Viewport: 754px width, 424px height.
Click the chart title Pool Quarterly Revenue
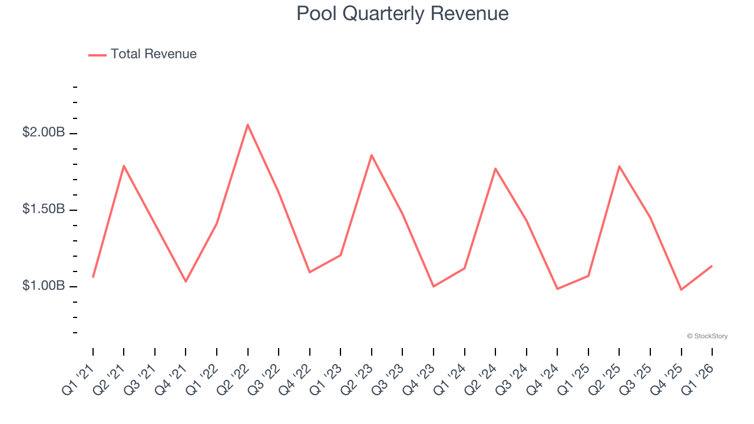coord(402,13)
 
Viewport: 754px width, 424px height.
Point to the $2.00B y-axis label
coord(44,132)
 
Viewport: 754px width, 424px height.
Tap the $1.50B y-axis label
coord(44,209)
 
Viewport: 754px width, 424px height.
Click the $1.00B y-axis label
coord(44,286)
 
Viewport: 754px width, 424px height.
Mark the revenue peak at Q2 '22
coord(248,124)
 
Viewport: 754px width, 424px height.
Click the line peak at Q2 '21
coord(124,165)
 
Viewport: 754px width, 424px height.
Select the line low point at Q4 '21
coord(186,281)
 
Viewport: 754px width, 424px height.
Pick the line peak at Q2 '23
coord(372,155)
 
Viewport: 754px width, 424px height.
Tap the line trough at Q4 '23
coord(434,286)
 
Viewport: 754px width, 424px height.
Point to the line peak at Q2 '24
coord(495,168)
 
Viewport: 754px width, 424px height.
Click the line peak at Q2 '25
coord(619,166)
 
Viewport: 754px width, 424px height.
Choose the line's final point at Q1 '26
coord(712,266)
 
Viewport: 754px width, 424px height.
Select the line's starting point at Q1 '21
coord(93,277)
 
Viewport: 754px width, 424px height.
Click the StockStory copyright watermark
coord(707,336)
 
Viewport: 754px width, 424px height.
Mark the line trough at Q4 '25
coord(681,290)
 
